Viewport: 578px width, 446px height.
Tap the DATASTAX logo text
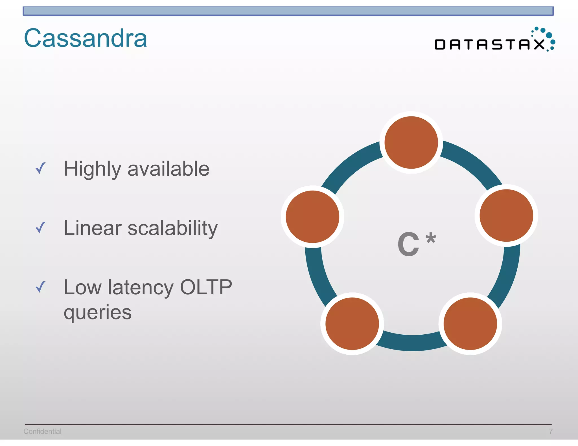pyautogui.click(x=490, y=45)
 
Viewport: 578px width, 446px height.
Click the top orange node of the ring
pyautogui.click(x=411, y=143)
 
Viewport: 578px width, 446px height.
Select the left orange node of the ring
pyautogui.click(x=312, y=217)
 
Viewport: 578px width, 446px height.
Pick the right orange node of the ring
pyautogui.click(x=506, y=215)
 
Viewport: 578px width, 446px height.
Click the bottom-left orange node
pyautogui.click(x=352, y=324)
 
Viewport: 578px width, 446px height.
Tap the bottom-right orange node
pyautogui.click(x=470, y=324)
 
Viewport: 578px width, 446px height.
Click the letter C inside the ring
pyautogui.click(x=408, y=244)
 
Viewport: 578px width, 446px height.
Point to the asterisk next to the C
pyautogui.click(x=431, y=238)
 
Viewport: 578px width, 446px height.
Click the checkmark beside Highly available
pyautogui.click(x=40, y=168)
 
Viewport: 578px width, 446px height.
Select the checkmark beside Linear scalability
pyautogui.click(x=40, y=228)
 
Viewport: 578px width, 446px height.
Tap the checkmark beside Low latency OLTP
pyautogui.click(x=40, y=287)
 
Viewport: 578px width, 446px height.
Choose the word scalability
pyautogui.click(x=172, y=228)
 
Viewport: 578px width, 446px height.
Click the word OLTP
pyautogui.click(x=206, y=287)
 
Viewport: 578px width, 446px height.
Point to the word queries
pyautogui.click(x=98, y=312)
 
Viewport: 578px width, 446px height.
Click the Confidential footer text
pyautogui.click(x=42, y=431)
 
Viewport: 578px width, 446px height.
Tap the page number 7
pyautogui.click(x=550, y=431)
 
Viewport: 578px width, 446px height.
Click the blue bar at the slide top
pyautogui.click(x=288, y=11)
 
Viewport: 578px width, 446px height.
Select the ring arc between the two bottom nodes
pyautogui.click(x=411, y=343)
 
